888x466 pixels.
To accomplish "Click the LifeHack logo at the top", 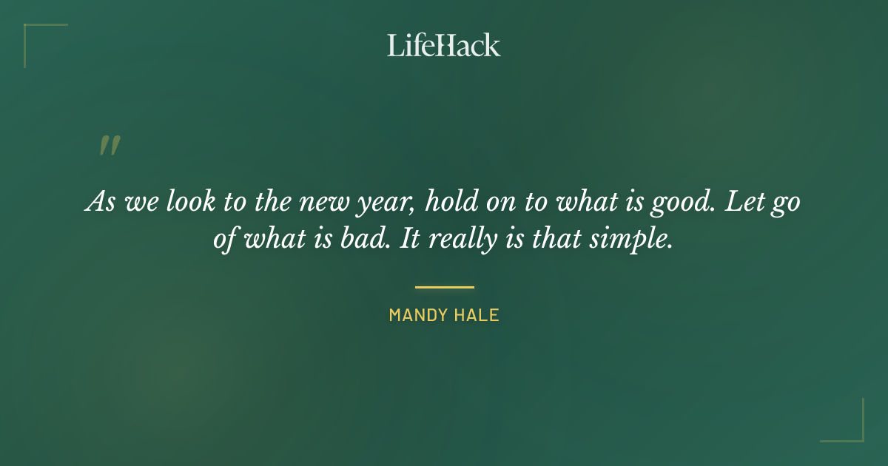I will click(443, 45).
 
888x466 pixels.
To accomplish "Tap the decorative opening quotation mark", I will click(110, 146).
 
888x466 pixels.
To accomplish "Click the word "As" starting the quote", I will click(99, 202).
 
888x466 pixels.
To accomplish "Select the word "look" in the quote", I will click(184, 202).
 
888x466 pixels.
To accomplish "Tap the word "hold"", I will click(451, 202).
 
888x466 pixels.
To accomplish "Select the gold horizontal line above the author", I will click(444, 287).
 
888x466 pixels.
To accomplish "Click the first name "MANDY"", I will click(415, 315).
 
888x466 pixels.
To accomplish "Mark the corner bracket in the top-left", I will click(30, 30).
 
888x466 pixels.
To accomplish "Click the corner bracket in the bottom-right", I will click(858, 436).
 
